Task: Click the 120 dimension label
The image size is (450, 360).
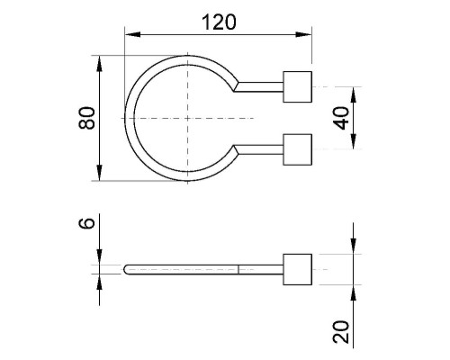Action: [219, 22]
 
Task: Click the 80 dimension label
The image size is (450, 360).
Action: [86, 118]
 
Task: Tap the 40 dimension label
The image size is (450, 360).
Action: [342, 118]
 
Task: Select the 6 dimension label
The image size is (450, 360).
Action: [86, 223]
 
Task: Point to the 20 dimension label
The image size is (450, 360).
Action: [341, 332]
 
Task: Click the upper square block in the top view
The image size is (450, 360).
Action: [297, 86]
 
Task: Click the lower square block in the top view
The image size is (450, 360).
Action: [297, 149]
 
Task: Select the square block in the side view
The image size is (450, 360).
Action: [297, 269]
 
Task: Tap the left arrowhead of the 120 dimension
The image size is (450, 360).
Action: [132, 34]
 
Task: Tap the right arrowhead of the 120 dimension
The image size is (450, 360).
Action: [303, 34]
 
